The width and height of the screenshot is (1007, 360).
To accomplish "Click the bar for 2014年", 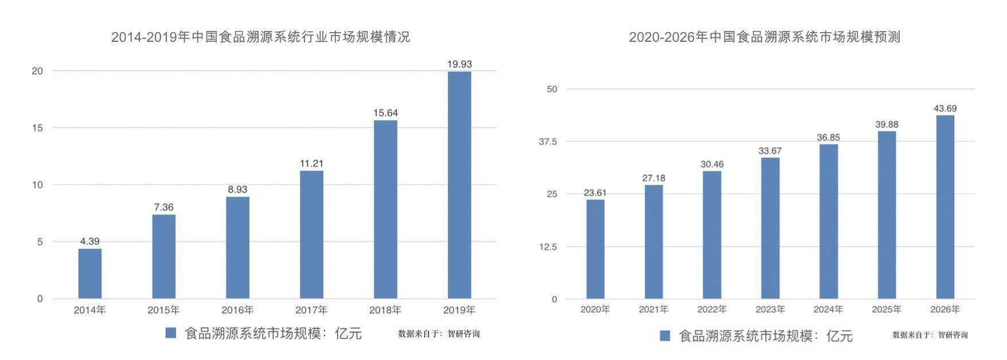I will click(x=89, y=273).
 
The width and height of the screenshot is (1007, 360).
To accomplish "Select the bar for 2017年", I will click(x=311, y=234).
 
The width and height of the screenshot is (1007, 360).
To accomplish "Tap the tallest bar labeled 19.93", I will click(x=459, y=185).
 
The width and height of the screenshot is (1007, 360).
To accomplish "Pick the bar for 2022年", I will click(x=712, y=235).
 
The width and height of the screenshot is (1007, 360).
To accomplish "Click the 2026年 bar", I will click(x=945, y=207).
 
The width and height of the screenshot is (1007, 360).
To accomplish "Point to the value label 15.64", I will click(x=385, y=113).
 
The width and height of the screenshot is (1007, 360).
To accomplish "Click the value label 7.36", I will click(x=163, y=207).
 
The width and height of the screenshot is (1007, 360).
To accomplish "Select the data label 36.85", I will click(x=828, y=138).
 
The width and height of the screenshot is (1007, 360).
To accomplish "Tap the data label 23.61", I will click(x=595, y=193).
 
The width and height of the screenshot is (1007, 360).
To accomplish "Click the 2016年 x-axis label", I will click(x=237, y=310).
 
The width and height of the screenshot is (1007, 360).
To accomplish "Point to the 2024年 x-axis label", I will click(x=828, y=310).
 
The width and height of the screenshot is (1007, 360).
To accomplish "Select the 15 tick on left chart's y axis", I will click(x=37, y=128).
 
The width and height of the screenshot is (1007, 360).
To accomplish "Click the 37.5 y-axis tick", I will click(x=548, y=142).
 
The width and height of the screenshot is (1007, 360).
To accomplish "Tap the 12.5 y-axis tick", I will click(x=548, y=247).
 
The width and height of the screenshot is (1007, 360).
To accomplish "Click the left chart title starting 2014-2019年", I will click(x=260, y=37).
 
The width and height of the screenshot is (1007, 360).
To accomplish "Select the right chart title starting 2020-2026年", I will click(x=764, y=37).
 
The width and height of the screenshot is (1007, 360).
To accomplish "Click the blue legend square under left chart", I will click(x=170, y=333).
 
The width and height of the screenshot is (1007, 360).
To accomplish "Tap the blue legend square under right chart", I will click(x=665, y=336).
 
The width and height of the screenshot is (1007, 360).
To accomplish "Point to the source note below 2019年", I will click(x=439, y=334).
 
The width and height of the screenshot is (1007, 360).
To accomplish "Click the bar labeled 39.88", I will click(x=887, y=215).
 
